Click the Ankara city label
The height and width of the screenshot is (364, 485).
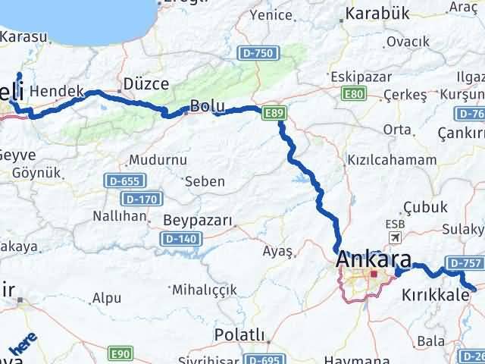point(374,259)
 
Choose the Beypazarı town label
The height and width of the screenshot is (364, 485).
point(198,221)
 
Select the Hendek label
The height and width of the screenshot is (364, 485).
point(58,91)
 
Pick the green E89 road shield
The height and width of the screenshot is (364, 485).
point(274,114)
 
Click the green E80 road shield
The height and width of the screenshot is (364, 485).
point(354,93)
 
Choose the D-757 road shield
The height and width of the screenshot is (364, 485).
point(464,263)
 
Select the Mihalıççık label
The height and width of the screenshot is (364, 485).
point(204,290)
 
